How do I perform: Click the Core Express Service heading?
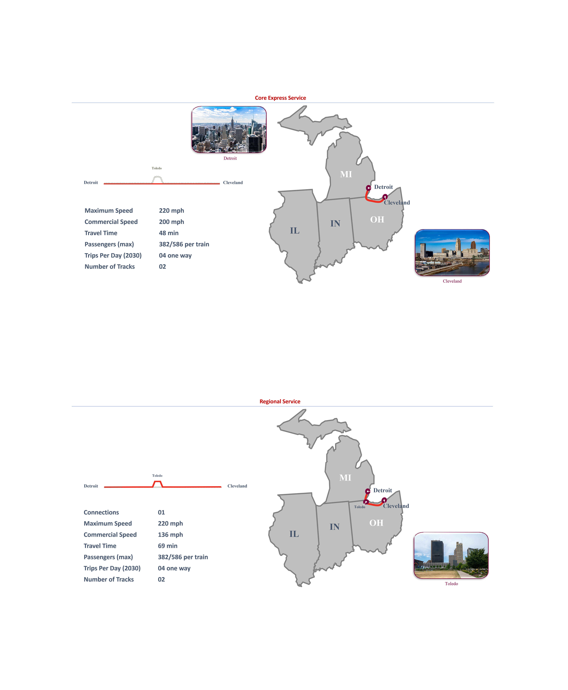[x=280, y=98]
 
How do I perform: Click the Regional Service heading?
[x=280, y=401]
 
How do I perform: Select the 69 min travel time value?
[x=167, y=546]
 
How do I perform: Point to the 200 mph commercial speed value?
[x=171, y=222]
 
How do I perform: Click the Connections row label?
[x=101, y=512]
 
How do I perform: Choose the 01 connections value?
[x=161, y=512]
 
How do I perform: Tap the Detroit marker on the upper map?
[x=368, y=188]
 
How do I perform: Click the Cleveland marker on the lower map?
[x=384, y=500]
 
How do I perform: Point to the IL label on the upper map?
[x=294, y=231]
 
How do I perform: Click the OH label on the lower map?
[x=376, y=523]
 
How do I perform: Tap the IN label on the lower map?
[x=334, y=527]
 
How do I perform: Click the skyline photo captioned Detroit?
[x=229, y=130]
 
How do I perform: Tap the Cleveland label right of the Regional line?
[x=237, y=486]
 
